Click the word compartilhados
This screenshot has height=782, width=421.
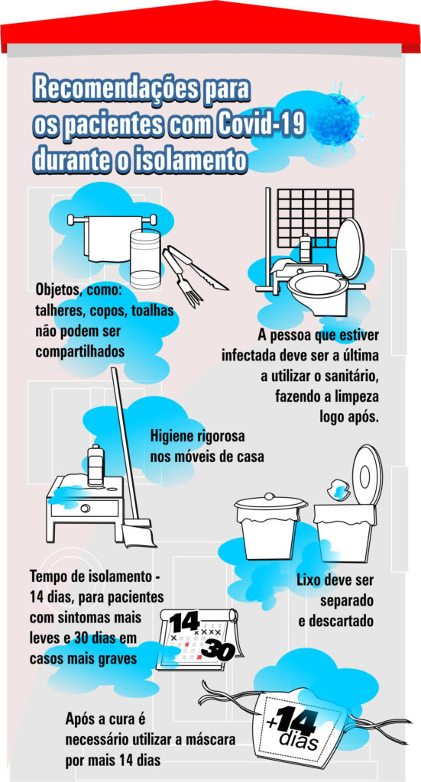pyautogui.click(x=79, y=351)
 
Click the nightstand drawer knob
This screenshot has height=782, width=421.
pyautogui.click(x=84, y=509)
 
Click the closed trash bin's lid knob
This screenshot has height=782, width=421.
pyautogui.click(x=270, y=496)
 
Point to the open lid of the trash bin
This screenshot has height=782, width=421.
pyautogui.click(x=367, y=473)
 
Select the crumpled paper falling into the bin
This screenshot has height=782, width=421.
pyautogui.click(x=337, y=489)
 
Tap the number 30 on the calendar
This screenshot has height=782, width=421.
pyautogui.click(x=218, y=651)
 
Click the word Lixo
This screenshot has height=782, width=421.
pyautogui.click(x=309, y=580)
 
